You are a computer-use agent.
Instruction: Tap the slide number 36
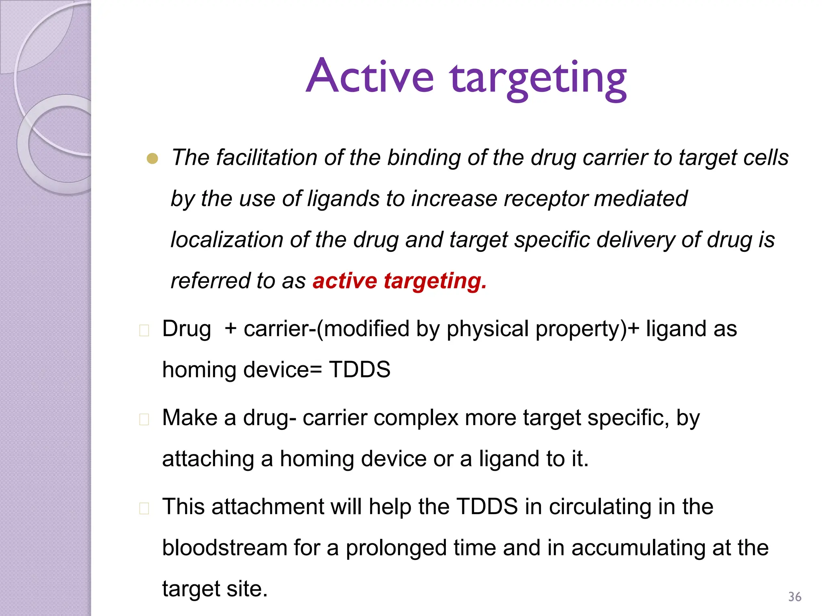click(795, 597)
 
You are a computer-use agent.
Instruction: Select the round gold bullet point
click(153, 159)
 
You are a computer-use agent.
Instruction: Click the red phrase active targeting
click(399, 281)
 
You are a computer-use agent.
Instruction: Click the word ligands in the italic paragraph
click(343, 199)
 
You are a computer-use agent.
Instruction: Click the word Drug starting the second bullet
click(187, 329)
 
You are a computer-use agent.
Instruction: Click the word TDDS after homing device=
click(360, 369)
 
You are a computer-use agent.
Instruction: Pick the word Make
click(189, 418)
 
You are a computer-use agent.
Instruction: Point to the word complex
click(416, 418)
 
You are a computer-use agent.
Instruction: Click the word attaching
click(208, 459)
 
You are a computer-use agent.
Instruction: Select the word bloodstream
click(224, 548)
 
